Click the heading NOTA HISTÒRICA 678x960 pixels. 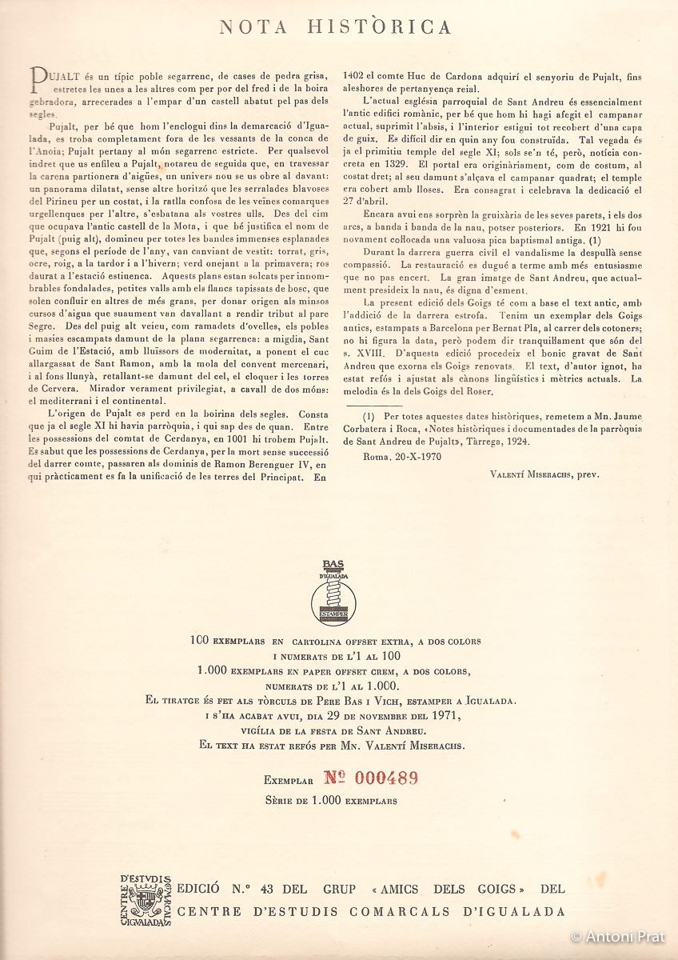pos(336,27)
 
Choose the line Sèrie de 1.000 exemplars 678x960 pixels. pos(331,799)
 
